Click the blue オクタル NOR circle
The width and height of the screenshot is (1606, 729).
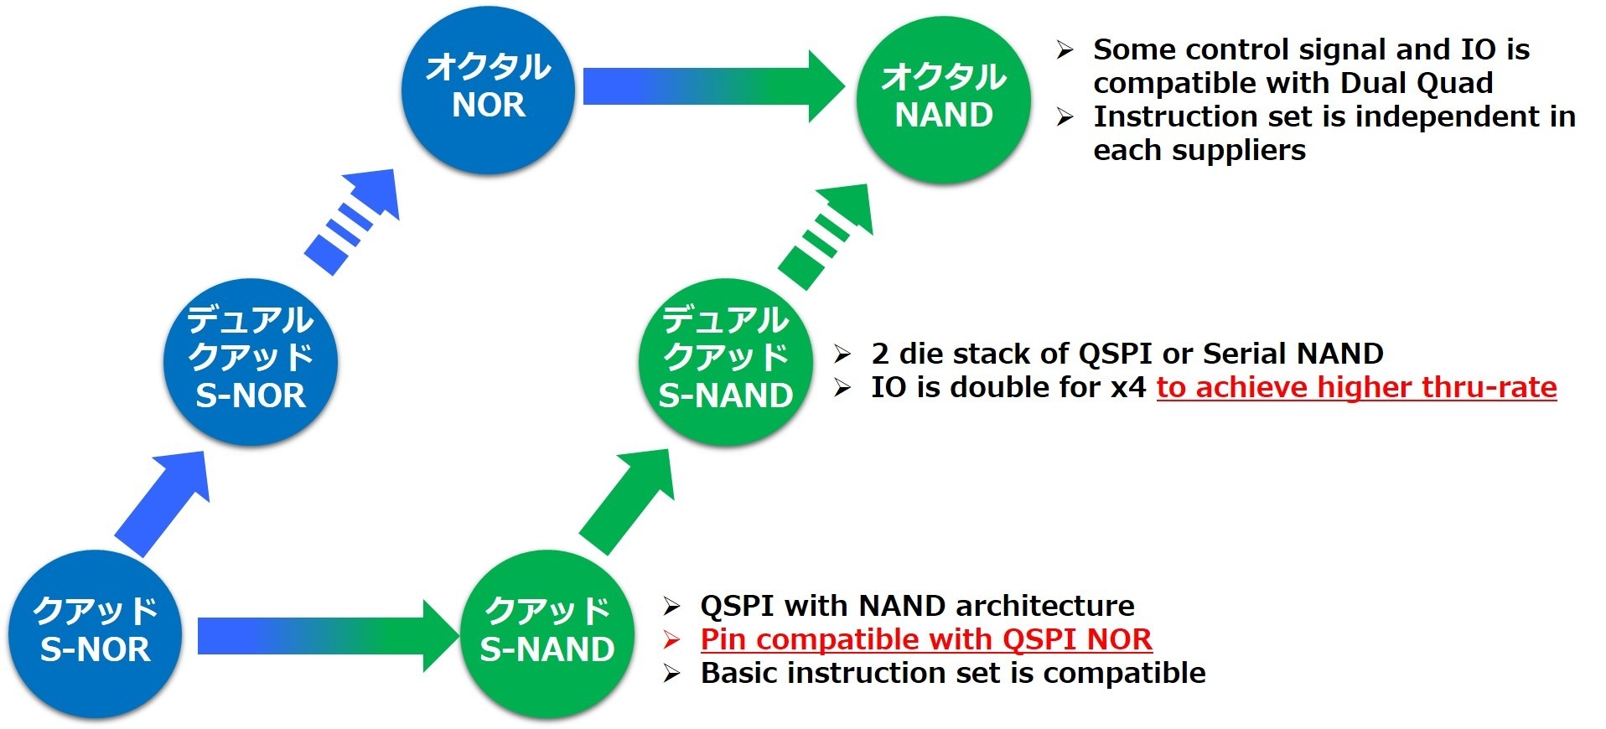point(488,87)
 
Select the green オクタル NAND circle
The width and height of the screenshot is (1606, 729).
point(943,97)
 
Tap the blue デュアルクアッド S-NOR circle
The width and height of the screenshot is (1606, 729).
point(250,360)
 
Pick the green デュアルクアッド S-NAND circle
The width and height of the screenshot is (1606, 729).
point(725,360)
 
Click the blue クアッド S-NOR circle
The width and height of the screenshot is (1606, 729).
point(95,633)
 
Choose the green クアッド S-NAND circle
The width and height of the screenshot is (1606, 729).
point(547,633)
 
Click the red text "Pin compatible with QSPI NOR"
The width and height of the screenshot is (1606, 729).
point(926,639)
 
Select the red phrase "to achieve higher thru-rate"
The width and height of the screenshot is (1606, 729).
point(1356,387)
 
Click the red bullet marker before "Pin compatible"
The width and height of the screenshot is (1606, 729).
point(671,640)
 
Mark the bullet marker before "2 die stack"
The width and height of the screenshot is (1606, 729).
point(842,354)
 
